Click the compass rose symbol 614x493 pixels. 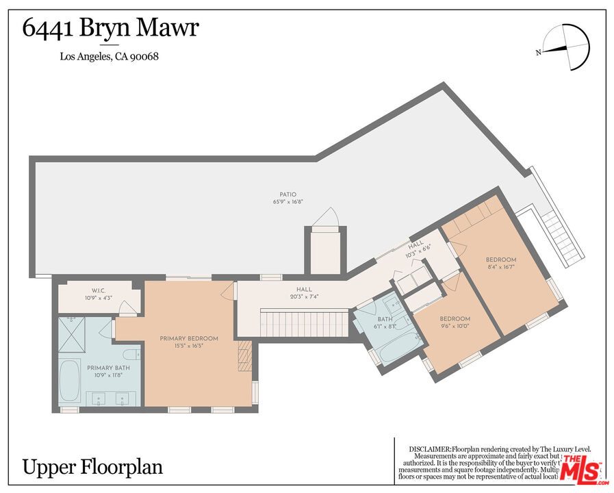tap(568, 47)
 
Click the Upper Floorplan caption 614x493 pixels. tap(93, 467)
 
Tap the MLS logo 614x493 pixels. tap(580, 470)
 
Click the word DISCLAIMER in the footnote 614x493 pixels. tap(431, 448)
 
